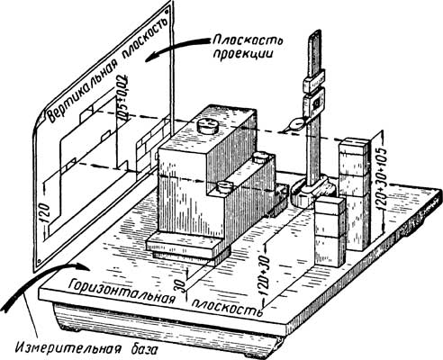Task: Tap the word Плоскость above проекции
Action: coord(249,41)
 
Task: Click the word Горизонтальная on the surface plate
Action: coord(122,292)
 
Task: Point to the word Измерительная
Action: coord(66,348)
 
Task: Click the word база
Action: coord(140,349)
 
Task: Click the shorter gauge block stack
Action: coord(330,231)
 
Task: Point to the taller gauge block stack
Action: coord(355,193)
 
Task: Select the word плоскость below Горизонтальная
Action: coord(227,308)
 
